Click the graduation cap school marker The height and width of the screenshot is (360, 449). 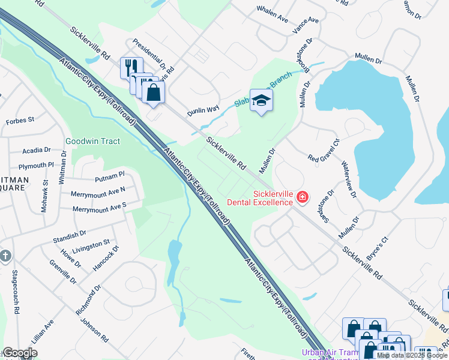coord(261,100)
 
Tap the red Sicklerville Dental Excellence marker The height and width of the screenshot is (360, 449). coord(303,197)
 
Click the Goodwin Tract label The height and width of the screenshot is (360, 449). coord(92,142)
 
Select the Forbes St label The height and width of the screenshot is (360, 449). coord(20,121)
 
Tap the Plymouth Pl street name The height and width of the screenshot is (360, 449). coord(36,166)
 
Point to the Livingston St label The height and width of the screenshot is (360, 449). coord(91,246)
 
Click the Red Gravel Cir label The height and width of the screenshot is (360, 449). coord(324,151)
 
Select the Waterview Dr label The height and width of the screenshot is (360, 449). coord(349,179)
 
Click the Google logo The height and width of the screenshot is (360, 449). coord(20,353)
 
